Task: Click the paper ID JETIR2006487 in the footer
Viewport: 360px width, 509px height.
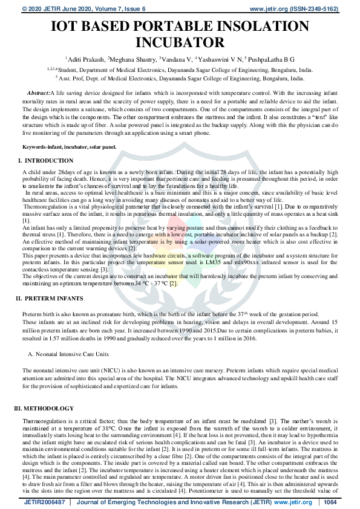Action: tap(44, 502)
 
